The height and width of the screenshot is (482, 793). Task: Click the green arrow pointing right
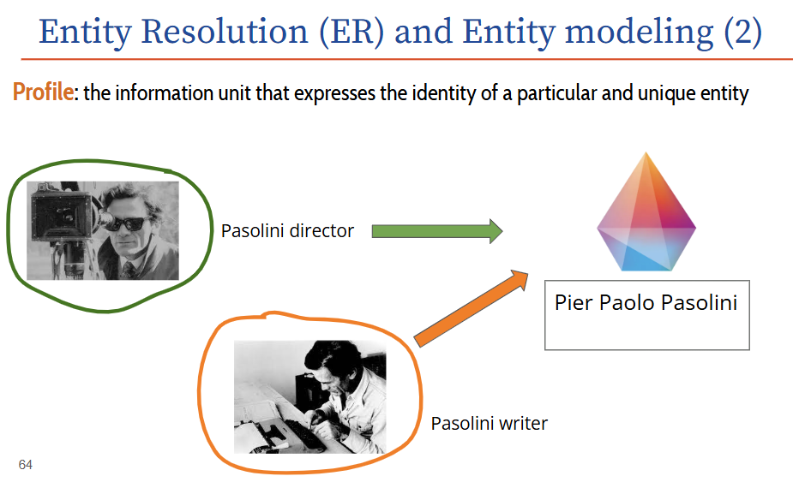(437, 231)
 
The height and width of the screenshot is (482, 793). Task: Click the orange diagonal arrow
(471, 308)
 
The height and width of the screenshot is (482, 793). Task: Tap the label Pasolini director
(287, 231)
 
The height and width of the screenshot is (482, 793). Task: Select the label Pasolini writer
(489, 424)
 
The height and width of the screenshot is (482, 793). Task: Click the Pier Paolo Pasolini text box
(647, 315)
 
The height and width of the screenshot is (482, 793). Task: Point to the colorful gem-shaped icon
(646, 211)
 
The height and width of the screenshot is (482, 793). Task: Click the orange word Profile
(44, 92)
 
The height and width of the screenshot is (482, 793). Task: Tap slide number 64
(25, 464)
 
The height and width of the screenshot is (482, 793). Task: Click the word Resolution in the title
(225, 32)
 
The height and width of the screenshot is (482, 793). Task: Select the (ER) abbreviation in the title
(351, 33)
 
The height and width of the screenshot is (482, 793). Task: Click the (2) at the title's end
(742, 33)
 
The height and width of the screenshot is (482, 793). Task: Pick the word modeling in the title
(639, 33)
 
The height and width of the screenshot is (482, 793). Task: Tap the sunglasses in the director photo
(127, 223)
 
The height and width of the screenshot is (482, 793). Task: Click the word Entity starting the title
(85, 33)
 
